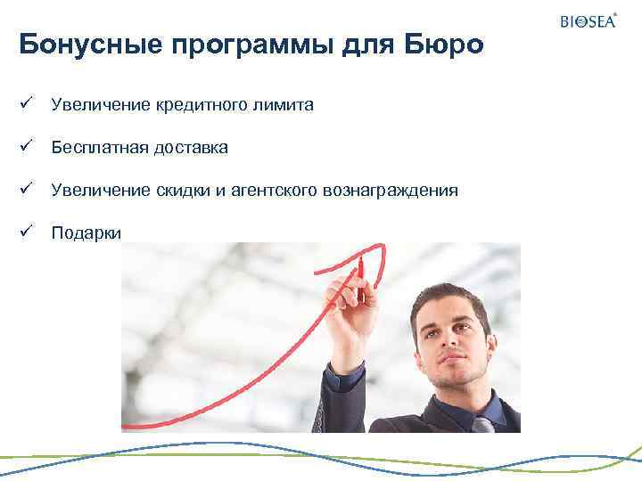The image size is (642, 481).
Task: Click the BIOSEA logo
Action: pyautogui.click(x=588, y=20)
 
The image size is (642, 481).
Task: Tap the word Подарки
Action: pyautogui.click(x=85, y=233)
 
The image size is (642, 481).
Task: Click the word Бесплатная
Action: pyautogui.click(x=93, y=148)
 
